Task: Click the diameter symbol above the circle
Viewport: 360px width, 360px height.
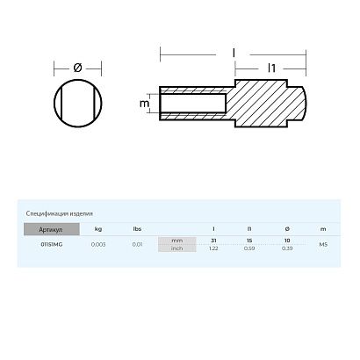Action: [x=77, y=67]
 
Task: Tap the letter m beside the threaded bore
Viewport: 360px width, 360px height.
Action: [x=143, y=104]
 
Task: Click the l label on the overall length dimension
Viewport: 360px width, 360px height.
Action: [x=234, y=53]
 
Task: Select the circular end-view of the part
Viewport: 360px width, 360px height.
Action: [x=77, y=104]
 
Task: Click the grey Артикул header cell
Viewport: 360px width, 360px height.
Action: [x=52, y=228]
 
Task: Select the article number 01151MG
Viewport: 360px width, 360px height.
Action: [x=52, y=244]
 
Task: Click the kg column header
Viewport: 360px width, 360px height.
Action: [x=97, y=228]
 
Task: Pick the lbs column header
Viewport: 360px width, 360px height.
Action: [x=137, y=228]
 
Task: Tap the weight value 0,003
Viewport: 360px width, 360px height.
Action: [x=97, y=244]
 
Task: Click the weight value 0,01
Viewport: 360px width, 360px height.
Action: [x=137, y=244]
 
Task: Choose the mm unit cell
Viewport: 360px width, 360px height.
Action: [x=177, y=240]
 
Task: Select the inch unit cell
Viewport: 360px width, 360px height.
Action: [x=177, y=248]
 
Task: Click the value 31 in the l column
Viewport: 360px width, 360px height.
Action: [x=213, y=240]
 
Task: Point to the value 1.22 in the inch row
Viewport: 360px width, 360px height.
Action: [x=213, y=248]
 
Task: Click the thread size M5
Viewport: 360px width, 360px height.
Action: [x=323, y=244]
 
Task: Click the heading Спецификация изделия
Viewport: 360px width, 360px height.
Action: [x=61, y=213]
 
